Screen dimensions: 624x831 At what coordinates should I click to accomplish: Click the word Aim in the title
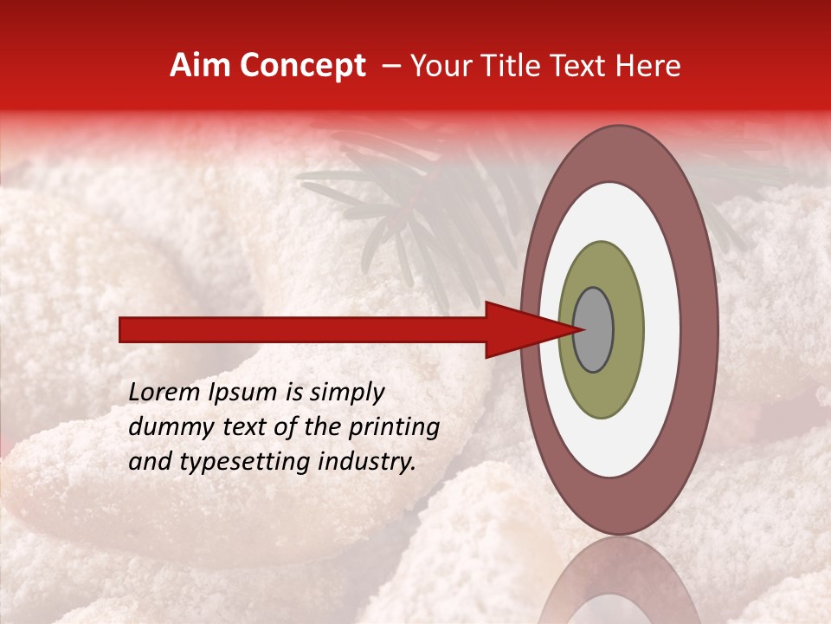200,66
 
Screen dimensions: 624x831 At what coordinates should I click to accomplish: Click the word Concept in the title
302,66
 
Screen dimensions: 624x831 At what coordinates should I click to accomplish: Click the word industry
370,462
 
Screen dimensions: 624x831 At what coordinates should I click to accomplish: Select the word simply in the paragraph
346,393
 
